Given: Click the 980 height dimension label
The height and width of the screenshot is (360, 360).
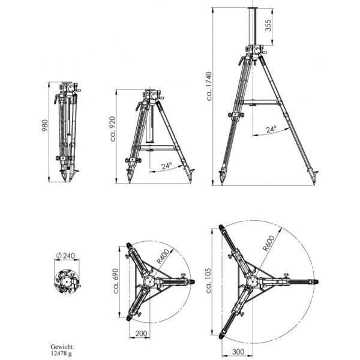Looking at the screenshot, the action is point(45,125).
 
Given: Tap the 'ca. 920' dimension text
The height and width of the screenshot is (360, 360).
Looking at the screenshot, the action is point(113,129).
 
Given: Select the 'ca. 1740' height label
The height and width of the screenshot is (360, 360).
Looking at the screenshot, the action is point(209,86).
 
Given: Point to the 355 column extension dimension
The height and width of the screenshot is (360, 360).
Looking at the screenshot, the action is point(268,25).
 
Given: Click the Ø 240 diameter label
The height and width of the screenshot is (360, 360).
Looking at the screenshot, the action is point(65,256).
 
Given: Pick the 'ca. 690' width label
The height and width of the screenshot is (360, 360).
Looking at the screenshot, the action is point(116,281).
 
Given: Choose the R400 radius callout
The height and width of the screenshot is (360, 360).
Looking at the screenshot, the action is point(163,256).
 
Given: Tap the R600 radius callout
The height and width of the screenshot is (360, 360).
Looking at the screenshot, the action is point(268,243).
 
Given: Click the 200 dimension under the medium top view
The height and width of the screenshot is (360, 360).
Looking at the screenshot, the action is point(141,333).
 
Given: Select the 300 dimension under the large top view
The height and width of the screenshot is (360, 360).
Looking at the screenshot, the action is point(238,351).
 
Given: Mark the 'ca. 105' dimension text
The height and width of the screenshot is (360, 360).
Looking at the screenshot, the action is point(208,280).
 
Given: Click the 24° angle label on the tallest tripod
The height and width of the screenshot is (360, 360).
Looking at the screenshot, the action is point(271,129).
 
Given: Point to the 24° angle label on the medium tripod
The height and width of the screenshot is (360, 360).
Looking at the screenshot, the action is point(166,166).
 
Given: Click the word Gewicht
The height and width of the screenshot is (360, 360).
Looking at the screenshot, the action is point(62,346).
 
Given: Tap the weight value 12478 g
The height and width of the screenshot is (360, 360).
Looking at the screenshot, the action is point(61,353).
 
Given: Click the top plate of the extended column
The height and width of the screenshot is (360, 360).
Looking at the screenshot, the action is point(253,8).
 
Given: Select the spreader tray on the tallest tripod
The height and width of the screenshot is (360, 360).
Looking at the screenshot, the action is point(260,103).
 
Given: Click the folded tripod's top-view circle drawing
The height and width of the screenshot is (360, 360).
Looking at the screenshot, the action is point(67,281).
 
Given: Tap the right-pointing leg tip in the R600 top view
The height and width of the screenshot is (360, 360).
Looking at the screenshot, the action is point(316,281).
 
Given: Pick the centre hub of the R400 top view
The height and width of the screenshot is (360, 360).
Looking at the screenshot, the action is point(149,281).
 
